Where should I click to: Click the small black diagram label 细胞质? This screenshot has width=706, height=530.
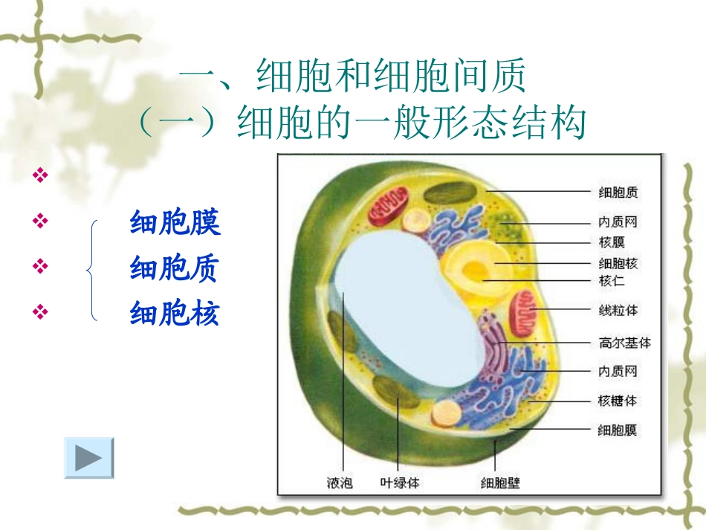coord(618,193)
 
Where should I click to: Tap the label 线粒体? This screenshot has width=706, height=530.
coord(618,309)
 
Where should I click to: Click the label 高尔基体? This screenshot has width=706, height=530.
coord(624,343)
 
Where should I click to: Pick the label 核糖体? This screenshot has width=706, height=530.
coord(618,401)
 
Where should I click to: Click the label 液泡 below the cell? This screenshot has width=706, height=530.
coord(340,483)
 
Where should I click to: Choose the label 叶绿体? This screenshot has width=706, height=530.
coord(400,483)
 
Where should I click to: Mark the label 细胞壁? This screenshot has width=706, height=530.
coord(500,483)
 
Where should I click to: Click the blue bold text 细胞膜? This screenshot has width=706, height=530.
coord(175,222)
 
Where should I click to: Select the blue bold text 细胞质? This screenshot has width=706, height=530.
coord(175,268)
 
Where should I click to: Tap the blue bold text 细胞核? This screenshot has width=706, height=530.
coord(175,313)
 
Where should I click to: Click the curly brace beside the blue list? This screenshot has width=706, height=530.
coord(92,270)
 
